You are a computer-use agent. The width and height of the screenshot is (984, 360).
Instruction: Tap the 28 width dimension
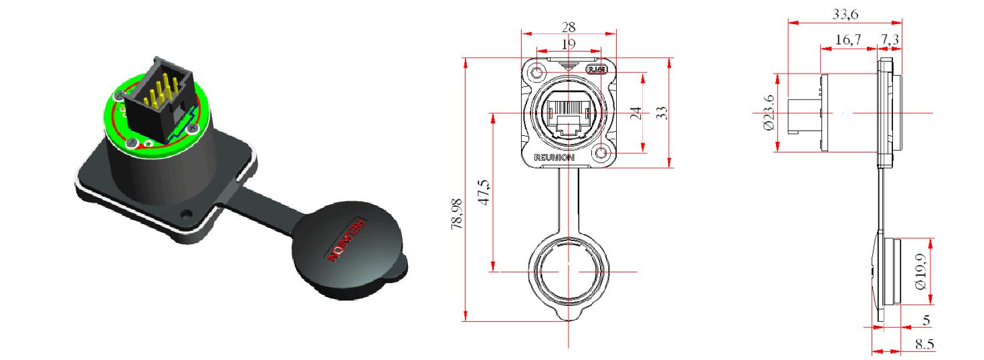569,27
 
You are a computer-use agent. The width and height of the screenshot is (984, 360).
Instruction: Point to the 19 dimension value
569,44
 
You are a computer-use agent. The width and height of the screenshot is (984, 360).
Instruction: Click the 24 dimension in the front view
635,112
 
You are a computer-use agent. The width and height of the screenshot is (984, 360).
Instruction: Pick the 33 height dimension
662,112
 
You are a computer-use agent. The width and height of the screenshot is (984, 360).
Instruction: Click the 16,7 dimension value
848,41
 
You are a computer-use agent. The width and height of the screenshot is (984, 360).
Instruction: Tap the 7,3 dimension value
890,41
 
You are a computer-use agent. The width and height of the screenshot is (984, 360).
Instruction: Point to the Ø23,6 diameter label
769,112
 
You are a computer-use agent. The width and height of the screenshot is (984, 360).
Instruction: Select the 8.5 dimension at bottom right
924,345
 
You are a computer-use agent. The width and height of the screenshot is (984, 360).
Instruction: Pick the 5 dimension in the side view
926,321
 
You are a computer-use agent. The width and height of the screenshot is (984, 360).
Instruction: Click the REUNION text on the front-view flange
554,157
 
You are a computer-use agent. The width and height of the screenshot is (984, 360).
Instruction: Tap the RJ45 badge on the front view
596,69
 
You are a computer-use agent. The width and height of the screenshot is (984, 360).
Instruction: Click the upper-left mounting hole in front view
538,71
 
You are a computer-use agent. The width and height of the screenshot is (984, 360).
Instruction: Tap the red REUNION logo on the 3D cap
345,240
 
